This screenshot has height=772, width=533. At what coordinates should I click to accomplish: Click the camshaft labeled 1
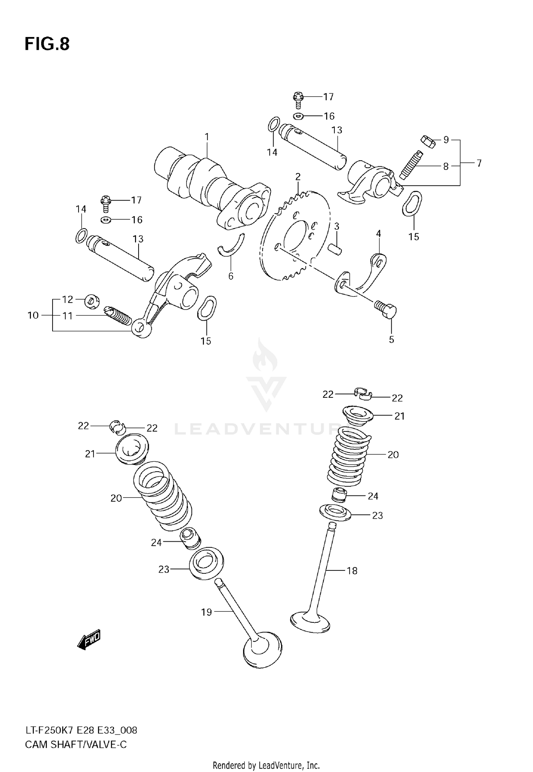(x=210, y=188)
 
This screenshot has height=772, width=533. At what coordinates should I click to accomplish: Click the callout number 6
(x=231, y=276)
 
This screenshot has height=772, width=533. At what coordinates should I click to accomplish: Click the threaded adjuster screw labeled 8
(x=411, y=165)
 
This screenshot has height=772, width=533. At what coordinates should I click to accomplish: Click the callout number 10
(x=33, y=315)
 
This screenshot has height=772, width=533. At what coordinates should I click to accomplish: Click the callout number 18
(x=352, y=571)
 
